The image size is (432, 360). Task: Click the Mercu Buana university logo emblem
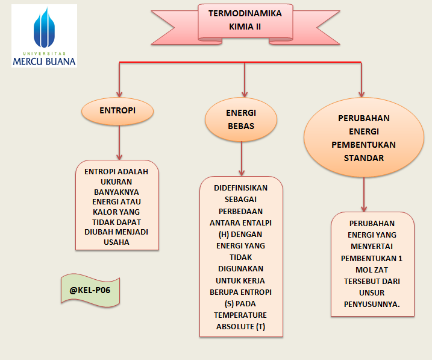click(44, 28)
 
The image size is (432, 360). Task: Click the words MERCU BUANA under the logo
click(44, 61)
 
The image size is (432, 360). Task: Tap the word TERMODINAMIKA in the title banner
click(245, 13)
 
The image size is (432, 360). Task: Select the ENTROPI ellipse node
click(117, 111)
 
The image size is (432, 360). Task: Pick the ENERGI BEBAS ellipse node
click(241, 120)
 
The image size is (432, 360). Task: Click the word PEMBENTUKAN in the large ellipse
click(363, 145)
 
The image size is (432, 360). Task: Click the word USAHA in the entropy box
click(116, 242)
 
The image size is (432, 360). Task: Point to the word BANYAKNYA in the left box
click(116, 192)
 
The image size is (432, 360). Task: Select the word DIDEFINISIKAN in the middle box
click(240, 188)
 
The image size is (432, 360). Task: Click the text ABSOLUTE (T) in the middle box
click(240, 327)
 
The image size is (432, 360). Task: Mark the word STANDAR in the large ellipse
click(363, 159)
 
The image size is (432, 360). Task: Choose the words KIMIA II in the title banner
click(245, 27)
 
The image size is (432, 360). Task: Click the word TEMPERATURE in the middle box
click(240, 315)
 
